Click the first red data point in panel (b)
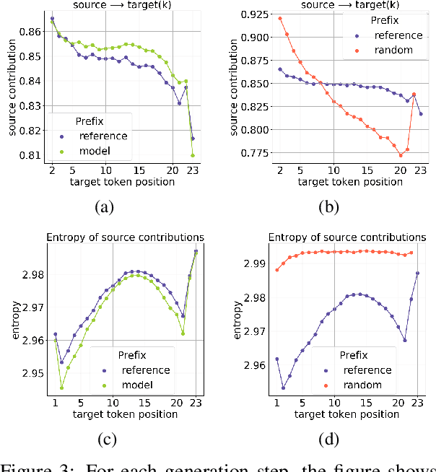pos(280,18)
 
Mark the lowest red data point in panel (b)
pos(401,155)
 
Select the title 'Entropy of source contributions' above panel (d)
pos(347,237)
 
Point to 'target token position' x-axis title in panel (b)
pos(349,182)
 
